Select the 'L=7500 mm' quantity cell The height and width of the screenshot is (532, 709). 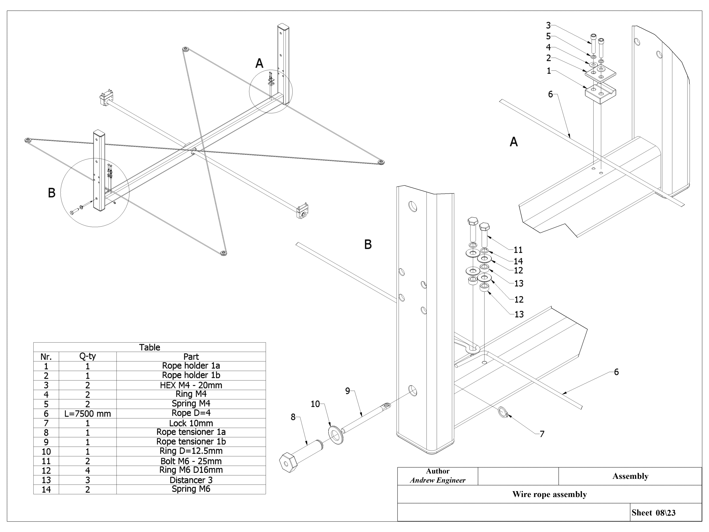point(88,414)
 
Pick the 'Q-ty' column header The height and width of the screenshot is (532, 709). point(88,356)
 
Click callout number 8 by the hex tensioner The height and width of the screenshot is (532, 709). point(293,417)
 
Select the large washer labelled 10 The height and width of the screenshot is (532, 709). point(336,435)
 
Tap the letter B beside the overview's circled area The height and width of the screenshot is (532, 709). point(52,193)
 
